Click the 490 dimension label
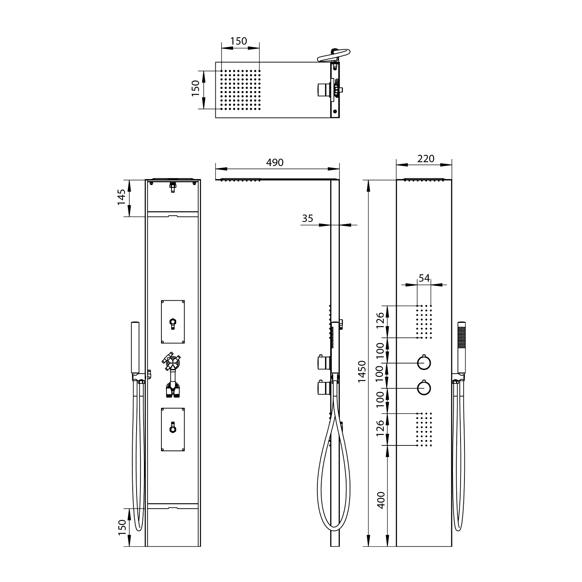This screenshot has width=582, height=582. click(275, 163)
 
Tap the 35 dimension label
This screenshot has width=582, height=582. click(307, 218)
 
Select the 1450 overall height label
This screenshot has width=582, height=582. click(362, 371)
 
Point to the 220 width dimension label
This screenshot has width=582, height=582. click(426, 158)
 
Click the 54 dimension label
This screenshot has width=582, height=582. click(424, 278)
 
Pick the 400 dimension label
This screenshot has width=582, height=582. click(381, 500)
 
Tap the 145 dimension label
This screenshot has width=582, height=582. click(121, 197)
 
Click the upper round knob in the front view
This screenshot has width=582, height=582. click(424, 363)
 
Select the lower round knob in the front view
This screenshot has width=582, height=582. click(424, 388)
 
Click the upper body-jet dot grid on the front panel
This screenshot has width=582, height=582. click(424, 322)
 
